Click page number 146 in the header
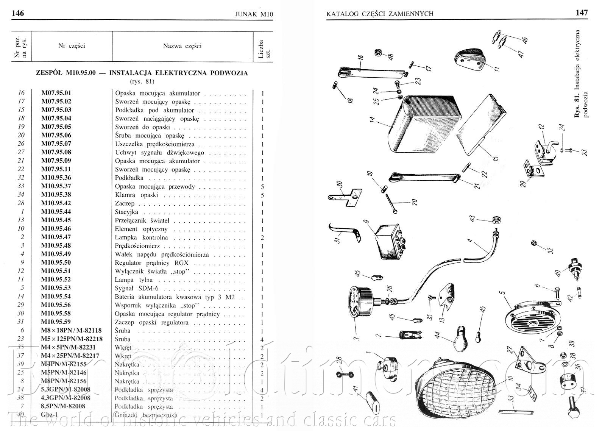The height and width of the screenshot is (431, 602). [x=18, y=13]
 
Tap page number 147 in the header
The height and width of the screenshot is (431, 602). [x=582, y=12]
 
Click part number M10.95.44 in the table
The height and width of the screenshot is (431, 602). [x=56, y=212]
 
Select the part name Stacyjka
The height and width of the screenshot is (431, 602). [x=126, y=212]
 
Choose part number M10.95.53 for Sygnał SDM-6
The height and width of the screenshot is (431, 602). [x=56, y=288]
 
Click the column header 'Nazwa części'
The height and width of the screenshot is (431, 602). [x=182, y=46]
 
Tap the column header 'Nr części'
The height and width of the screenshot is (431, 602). [x=72, y=46]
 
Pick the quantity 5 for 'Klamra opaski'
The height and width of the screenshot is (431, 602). [x=262, y=195]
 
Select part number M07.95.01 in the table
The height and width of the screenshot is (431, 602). [x=56, y=93]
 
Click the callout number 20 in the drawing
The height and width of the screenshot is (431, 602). [x=415, y=202]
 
